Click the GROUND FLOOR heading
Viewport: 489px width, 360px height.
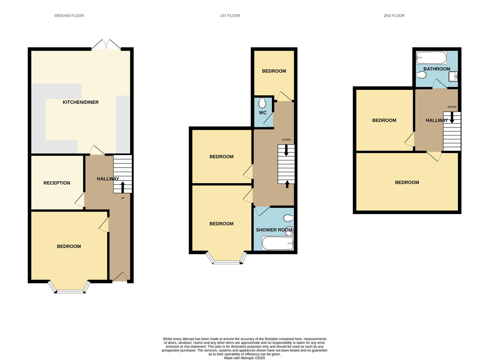coord(69,16)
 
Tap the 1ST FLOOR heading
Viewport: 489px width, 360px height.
coord(230,16)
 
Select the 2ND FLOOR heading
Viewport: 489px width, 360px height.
coord(394,16)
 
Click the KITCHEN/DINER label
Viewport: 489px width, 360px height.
coord(81,102)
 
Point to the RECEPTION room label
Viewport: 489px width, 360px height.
coord(57,183)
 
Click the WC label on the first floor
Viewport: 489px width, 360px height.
coord(262,113)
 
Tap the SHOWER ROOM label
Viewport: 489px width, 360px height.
coord(274,230)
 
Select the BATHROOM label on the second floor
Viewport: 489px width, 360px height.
coord(436,69)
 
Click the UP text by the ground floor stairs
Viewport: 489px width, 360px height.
coord(123,198)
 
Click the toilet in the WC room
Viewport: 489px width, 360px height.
coord(262,103)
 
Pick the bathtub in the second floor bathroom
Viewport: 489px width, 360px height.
coord(431,58)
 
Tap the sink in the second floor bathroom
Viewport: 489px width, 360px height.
coord(453,77)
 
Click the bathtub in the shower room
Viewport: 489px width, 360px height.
coord(278,243)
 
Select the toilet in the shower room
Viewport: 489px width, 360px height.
coord(288,218)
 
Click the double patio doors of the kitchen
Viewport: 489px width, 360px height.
coord(106,45)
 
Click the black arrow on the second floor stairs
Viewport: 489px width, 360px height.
coord(452,117)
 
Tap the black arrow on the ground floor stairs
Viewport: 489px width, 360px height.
coord(123,187)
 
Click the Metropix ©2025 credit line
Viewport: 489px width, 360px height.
coord(244,358)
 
